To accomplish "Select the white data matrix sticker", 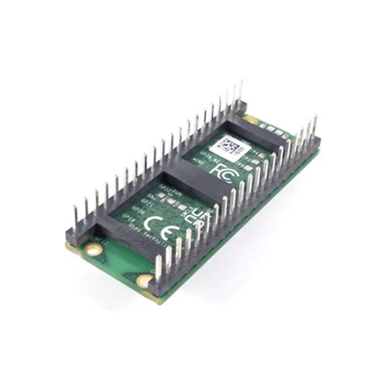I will point(229,147).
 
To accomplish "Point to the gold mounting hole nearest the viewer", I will point(145,280).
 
